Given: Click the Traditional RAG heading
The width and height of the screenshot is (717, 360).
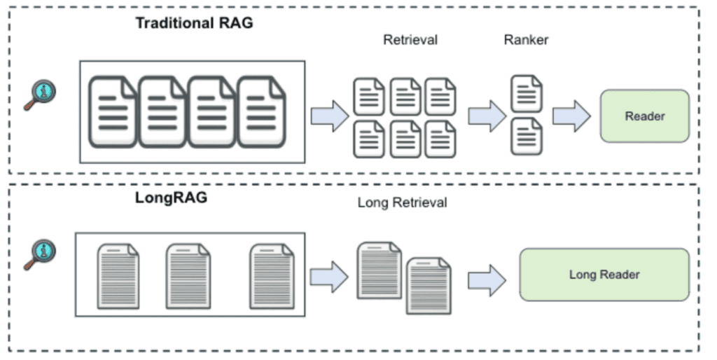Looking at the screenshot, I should click(x=194, y=22).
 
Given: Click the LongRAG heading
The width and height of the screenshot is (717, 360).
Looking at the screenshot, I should click(x=171, y=198).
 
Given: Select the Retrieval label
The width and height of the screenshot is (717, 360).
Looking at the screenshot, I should click(x=410, y=40).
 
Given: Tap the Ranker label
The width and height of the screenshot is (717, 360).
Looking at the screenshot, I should click(x=526, y=40).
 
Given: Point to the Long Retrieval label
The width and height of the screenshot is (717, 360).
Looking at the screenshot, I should click(x=402, y=203).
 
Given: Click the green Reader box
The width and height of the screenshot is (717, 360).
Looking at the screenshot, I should click(x=644, y=116).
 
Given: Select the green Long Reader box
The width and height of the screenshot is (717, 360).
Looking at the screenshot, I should click(x=604, y=275).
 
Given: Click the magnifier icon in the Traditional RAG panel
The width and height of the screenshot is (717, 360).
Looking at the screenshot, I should click(x=43, y=93).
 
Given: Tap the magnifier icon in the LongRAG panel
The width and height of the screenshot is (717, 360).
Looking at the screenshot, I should click(x=43, y=255).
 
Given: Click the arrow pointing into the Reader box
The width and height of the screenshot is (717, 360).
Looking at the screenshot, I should click(x=571, y=116).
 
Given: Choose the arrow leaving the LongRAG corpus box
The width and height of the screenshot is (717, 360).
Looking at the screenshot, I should click(x=329, y=277).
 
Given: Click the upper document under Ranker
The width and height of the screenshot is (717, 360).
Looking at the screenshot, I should click(x=527, y=94).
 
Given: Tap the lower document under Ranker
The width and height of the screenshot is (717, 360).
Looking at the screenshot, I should click(x=527, y=136).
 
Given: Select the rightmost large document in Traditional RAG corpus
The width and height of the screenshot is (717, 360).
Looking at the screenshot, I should click(x=261, y=112).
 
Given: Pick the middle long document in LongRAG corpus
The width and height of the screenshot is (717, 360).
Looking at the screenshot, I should click(x=188, y=275).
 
